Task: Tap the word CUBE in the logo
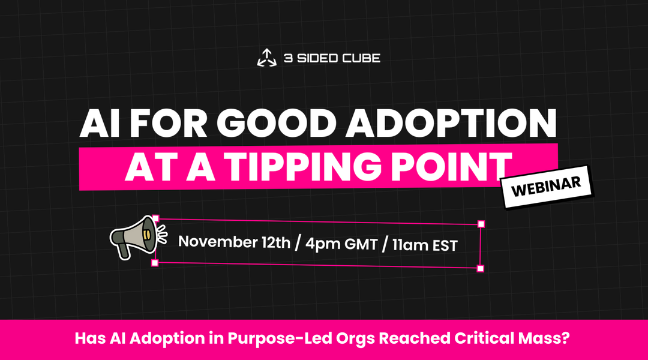(x=362, y=58)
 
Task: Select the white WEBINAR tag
(x=547, y=185)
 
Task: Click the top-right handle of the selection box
(x=481, y=224)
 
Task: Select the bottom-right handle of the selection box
(x=481, y=268)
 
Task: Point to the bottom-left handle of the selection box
(x=154, y=263)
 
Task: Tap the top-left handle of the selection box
(x=155, y=219)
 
